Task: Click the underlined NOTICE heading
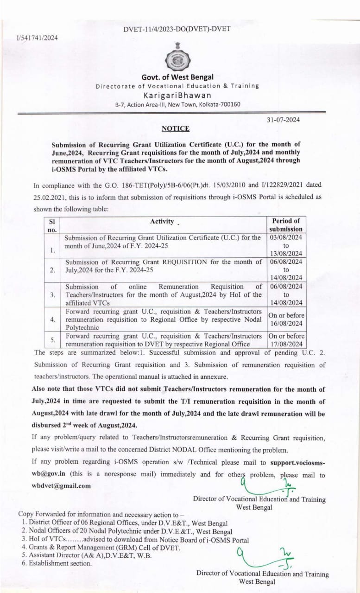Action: click(175, 128)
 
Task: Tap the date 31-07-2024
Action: click(283, 120)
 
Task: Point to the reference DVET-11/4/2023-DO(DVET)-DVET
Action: click(177, 29)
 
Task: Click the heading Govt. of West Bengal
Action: click(177, 77)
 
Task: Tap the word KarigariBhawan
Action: click(177, 95)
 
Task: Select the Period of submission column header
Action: click(286, 225)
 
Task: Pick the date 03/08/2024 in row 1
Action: click(286, 237)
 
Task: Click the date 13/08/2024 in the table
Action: click(286, 253)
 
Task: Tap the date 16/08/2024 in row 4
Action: click(286, 323)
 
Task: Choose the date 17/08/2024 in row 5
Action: click(286, 344)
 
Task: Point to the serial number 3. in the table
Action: click(53, 295)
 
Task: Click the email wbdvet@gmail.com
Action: click(61, 485)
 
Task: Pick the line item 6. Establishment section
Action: click(57, 563)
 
